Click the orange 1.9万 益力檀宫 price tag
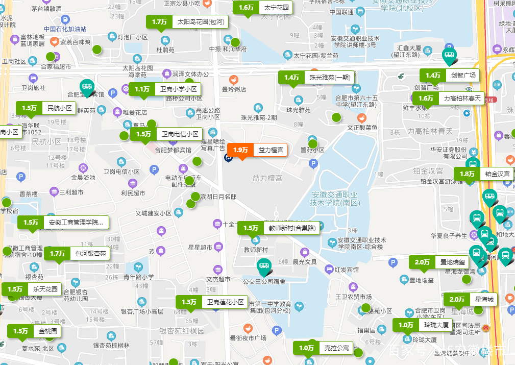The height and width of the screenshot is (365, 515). pyautogui.click(x=257, y=150)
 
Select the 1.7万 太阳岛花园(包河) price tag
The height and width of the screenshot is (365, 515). pyautogui.click(x=187, y=22)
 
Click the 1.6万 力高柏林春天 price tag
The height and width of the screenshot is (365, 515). pyautogui.click(x=448, y=99)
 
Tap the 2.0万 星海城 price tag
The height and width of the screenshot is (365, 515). pyautogui.click(x=471, y=299)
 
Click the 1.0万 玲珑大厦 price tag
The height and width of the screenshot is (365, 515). pyautogui.click(x=423, y=325)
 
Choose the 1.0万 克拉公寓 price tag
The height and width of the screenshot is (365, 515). pyautogui.click(x=324, y=348)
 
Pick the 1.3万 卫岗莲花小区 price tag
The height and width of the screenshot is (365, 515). pyautogui.click(x=212, y=302)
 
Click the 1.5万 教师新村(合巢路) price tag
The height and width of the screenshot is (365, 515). pyautogui.click(x=279, y=228)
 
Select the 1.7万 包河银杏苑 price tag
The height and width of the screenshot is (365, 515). pyautogui.click(x=77, y=253)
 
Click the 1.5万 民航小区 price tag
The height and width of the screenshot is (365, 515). pyautogui.click(x=46, y=108)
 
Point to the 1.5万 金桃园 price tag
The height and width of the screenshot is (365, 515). pyautogui.click(x=35, y=331)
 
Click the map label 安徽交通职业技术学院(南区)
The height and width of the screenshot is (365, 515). pyautogui.click(x=335, y=199)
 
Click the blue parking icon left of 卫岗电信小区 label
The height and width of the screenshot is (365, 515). pyautogui.click(x=154, y=169)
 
